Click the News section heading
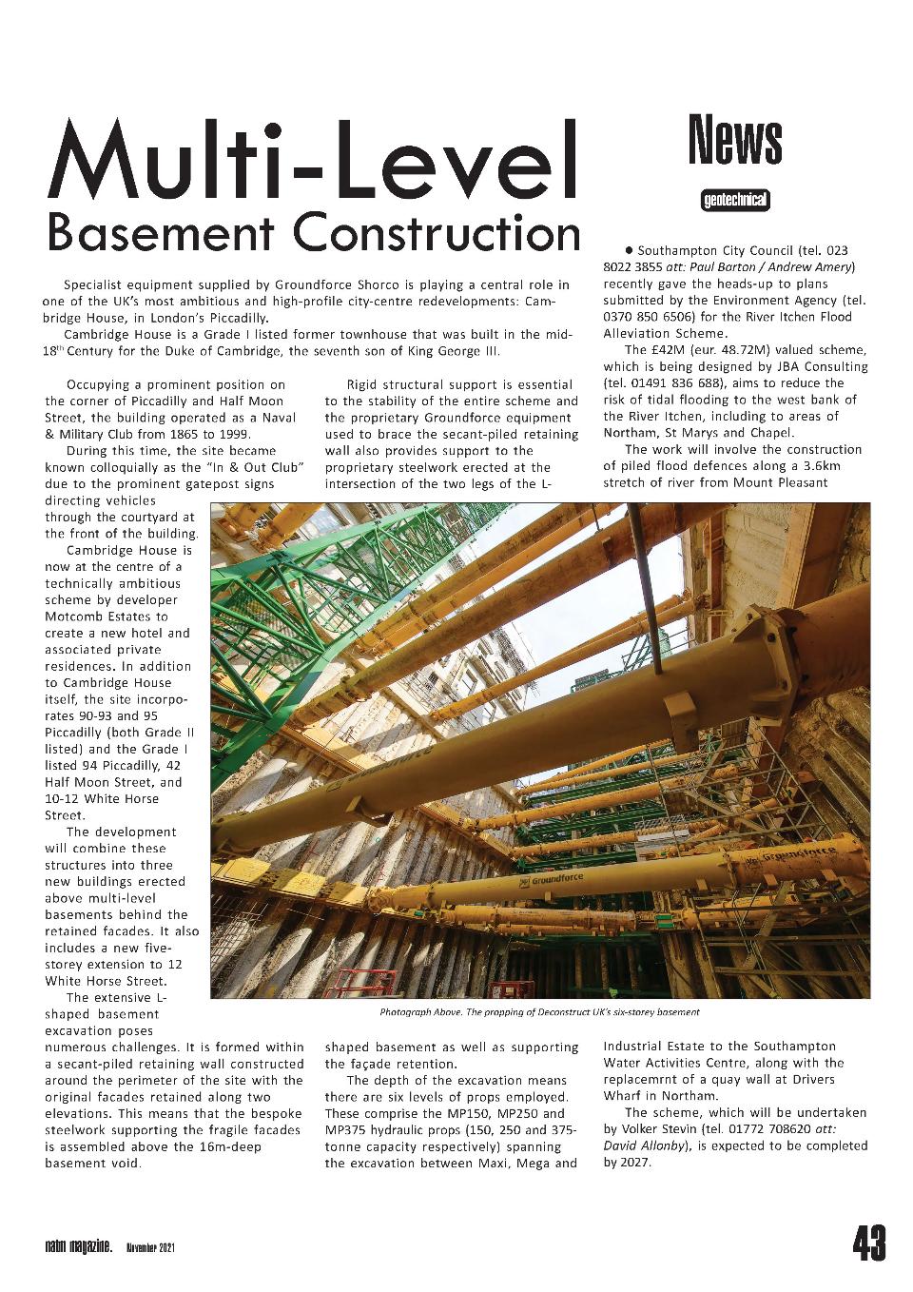tap(735, 140)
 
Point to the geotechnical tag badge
tap(735, 200)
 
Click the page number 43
tap(868, 1243)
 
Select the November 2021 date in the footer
tap(149, 1246)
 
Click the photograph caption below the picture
tap(539, 1012)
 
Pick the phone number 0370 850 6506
tap(651, 317)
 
